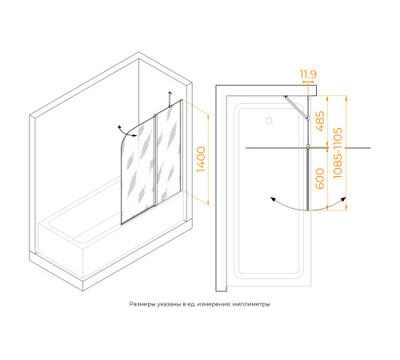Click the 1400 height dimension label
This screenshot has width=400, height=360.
202,159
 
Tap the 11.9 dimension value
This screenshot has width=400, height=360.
308,74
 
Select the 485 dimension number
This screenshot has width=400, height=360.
320,121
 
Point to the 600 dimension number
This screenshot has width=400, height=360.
320,178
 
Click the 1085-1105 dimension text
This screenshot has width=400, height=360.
338,153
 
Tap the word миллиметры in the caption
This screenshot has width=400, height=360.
251,304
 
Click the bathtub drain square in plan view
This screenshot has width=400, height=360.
269,121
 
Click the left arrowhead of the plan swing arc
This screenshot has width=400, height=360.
273,199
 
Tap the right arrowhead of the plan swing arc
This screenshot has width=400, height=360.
343,199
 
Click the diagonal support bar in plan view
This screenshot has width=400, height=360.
296,106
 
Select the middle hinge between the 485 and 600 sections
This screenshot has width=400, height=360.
308,146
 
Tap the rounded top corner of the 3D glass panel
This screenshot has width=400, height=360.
127,137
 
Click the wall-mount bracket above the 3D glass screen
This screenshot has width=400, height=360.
170,99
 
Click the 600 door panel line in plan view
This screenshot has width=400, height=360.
308,179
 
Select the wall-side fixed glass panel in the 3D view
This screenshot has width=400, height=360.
169,152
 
